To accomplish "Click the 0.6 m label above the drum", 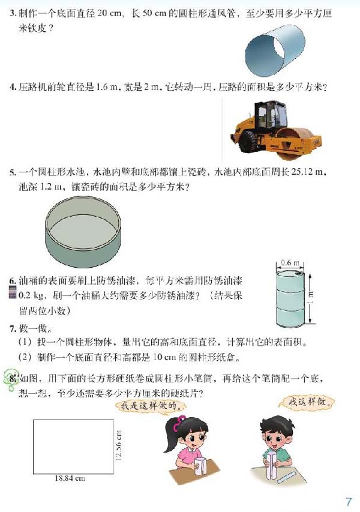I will (289, 262).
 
